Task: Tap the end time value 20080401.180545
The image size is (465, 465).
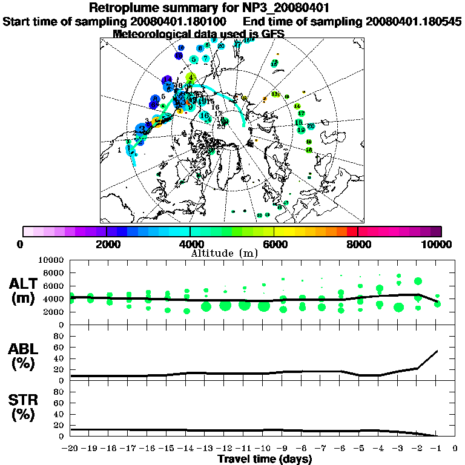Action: pyautogui.click(x=414, y=21)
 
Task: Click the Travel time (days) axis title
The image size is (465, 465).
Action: pyautogui.click(x=265, y=460)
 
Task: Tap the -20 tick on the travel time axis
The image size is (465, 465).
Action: pyautogui.click(x=71, y=449)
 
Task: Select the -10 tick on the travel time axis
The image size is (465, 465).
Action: pyautogui.click(x=263, y=449)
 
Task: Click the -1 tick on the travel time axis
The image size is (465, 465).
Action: pyautogui.click(x=436, y=449)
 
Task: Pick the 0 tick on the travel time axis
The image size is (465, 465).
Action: pyautogui.click(x=455, y=449)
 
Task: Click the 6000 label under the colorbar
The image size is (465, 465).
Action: pyautogui.click(x=274, y=244)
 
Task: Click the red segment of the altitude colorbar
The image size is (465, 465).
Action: pyautogui.click(x=352, y=231)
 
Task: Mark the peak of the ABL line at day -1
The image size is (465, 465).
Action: pyautogui.click(x=437, y=351)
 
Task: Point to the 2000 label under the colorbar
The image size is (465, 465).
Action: pyautogui.click(x=107, y=244)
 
